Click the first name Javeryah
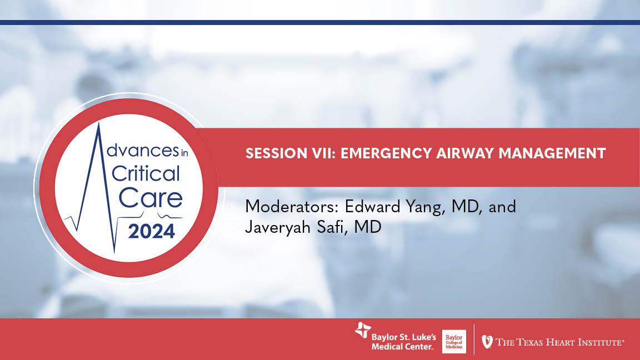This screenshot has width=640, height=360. (x=281, y=227)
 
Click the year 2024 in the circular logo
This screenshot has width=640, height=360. (x=152, y=229)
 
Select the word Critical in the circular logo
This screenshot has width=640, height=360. (x=146, y=174)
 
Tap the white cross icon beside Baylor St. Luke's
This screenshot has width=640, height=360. (x=362, y=332)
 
